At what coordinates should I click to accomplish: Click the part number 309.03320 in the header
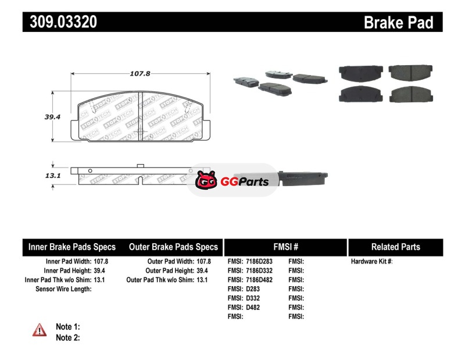click(x=63, y=22)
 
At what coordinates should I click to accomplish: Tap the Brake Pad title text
click(x=398, y=23)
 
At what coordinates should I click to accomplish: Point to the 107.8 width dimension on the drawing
click(x=140, y=73)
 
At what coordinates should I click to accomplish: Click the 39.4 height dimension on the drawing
click(x=52, y=117)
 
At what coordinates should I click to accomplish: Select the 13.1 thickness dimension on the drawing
click(x=53, y=176)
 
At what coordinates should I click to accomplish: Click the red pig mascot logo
click(x=206, y=180)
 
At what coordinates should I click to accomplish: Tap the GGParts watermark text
click(x=244, y=181)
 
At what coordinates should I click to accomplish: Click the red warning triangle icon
click(x=40, y=330)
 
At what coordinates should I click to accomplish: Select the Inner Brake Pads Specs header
click(x=71, y=247)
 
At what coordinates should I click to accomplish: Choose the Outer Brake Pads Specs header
click(x=173, y=247)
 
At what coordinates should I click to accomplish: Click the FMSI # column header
click(x=286, y=247)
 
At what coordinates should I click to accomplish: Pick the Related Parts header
click(x=396, y=247)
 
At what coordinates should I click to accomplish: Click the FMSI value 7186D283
click(x=259, y=262)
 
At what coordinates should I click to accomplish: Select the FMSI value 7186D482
click(x=259, y=280)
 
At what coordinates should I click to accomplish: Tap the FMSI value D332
click(x=253, y=298)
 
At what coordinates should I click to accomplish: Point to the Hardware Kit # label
click(x=371, y=262)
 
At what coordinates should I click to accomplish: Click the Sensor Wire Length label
click(x=63, y=289)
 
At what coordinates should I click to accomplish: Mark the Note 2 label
click(x=68, y=338)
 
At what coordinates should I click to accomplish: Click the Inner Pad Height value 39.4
click(x=99, y=270)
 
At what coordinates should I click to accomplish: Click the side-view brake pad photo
click(x=302, y=179)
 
